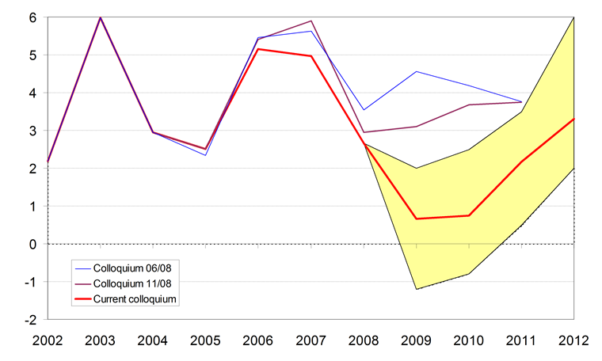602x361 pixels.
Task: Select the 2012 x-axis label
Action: click(x=573, y=341)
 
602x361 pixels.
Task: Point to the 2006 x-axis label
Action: click(x=258, y=341)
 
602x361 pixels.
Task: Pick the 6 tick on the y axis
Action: click(x=33, y=17)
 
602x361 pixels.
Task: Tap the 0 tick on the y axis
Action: click(x=33, y=245)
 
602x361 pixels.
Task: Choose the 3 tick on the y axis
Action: click(x=33, y=131)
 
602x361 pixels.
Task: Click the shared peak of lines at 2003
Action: click(x=101, y=17)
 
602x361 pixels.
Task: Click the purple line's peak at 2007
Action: click(x=311, y=21)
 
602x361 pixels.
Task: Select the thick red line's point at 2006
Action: click(x=258, y=49)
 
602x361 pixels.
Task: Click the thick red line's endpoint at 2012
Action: click(x=573, y=119)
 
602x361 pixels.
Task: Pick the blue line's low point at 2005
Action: click(x=206, y=154)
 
